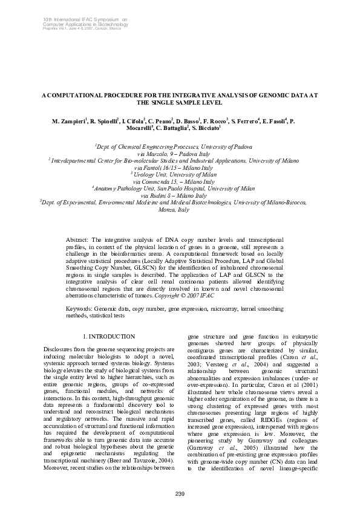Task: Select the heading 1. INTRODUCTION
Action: (108, 336)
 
